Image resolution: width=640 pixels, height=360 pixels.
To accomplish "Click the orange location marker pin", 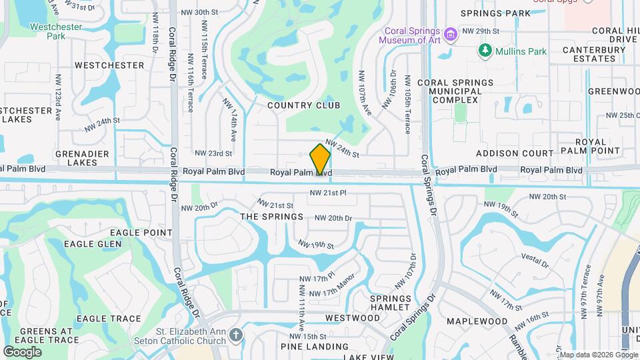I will (x=321, y=159).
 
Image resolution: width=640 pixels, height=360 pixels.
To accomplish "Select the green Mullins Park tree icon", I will (x=485, y=51).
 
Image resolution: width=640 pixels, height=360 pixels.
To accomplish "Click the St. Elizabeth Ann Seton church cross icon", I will (x=235, y=335).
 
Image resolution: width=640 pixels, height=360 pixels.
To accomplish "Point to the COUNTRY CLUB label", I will (x=303, y=105).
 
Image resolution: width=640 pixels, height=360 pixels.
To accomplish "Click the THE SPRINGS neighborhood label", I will (x=271, y=217).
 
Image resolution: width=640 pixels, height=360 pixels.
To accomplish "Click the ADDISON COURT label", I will (x=525, y=153).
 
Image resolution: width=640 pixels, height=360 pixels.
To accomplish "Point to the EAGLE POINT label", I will (x=141, y=232).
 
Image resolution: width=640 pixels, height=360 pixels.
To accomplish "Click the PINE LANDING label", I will (x=314, y=347).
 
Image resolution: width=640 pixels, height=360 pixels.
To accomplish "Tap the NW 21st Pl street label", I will (x=328, y=193).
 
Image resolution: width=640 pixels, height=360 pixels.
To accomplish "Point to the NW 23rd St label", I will (x=213, y=153).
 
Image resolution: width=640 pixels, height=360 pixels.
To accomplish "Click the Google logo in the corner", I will (x=22, y=351).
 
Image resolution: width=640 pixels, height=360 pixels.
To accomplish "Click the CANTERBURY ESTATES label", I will (x=589, y=54).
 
